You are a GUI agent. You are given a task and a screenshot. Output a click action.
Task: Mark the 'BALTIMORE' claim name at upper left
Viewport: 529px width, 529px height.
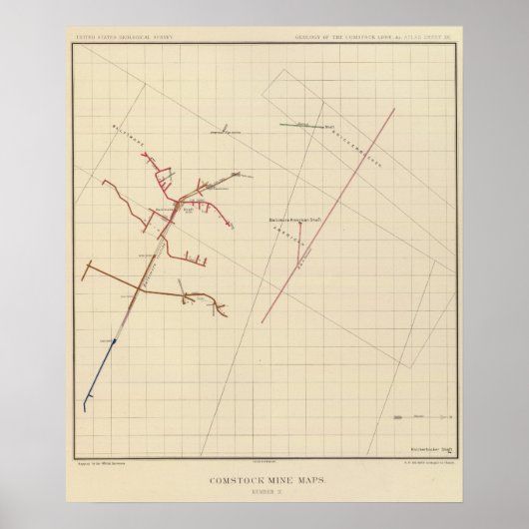132,151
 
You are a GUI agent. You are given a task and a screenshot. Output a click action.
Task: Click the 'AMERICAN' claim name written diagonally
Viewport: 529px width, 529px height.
289,235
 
